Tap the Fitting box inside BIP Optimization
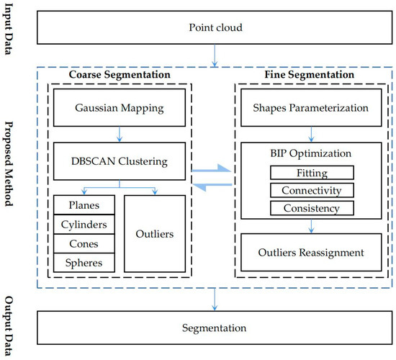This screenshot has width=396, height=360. pos(312,173)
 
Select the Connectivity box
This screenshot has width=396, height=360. pos(312,190)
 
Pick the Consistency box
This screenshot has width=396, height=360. pos(312,208)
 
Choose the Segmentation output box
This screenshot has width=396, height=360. pos(215,328)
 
